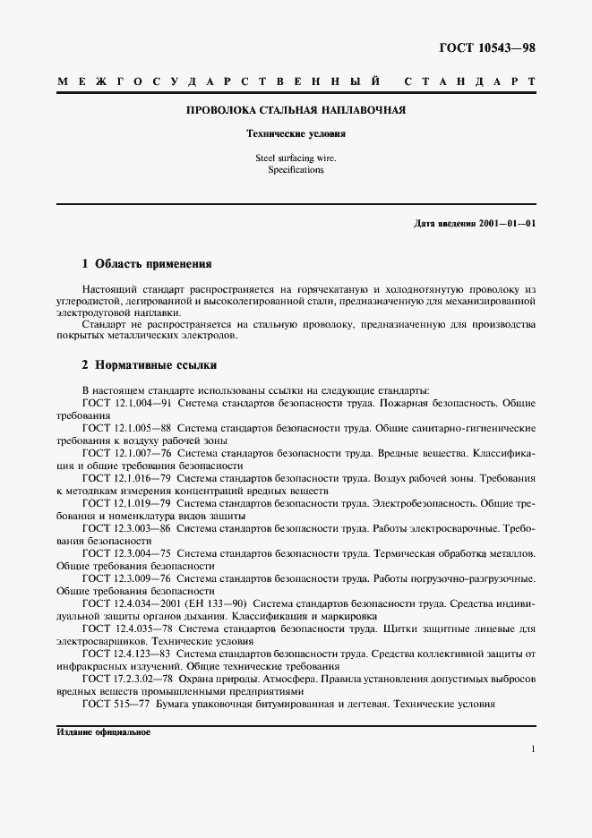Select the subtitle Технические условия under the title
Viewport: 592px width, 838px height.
tap(296, 133)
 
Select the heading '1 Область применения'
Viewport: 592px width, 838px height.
tap(146, 265)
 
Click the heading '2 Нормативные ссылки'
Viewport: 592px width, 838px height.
tap(149, 365)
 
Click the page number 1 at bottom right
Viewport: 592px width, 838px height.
tap(533, 749)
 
